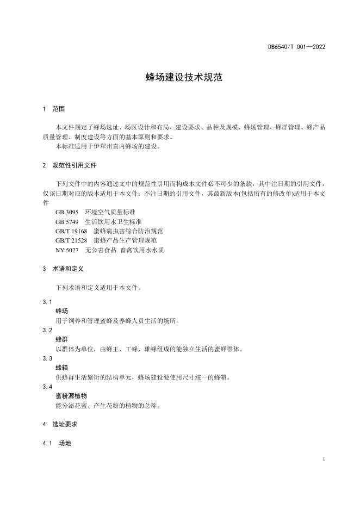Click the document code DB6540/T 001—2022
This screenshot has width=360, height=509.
296,47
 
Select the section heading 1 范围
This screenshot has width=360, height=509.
54,109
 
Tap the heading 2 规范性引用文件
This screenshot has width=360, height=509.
69,165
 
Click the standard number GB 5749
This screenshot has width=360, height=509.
67,222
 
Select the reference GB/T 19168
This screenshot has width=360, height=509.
71,231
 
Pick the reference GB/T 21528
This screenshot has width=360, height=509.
71,240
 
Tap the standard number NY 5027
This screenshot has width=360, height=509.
67,250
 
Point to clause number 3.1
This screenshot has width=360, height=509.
47,302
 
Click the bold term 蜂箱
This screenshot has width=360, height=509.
61,367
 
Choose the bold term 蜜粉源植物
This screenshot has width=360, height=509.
71,396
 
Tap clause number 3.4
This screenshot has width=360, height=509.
47,387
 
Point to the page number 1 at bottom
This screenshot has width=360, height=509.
324,460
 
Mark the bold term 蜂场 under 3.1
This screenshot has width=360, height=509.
61,311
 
